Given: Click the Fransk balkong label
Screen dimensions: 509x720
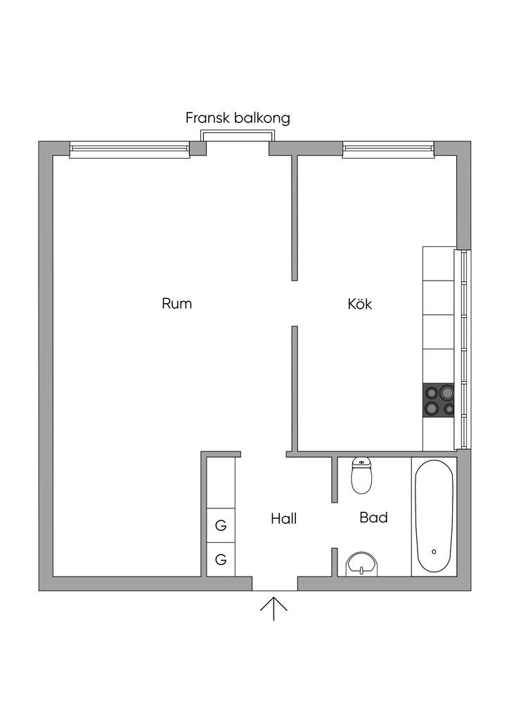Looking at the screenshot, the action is pos(238,118).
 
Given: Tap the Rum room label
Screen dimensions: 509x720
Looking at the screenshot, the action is pos(176,304).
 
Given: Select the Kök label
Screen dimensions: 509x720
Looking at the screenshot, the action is pos(360,304).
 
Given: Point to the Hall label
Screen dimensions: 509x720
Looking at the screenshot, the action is pos(283,519).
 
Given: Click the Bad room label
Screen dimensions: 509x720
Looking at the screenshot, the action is pos(373,517).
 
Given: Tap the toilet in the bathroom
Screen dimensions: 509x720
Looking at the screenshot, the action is pos(361,475).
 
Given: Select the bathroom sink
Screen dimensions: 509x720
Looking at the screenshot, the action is pos(361,564).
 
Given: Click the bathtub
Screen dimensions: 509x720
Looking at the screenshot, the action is pos(434,516).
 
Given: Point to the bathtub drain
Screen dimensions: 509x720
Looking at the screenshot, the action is pos(434,551).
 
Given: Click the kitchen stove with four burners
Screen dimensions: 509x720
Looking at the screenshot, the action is pos(438,400).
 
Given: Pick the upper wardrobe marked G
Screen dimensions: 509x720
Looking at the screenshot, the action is pos(221,525).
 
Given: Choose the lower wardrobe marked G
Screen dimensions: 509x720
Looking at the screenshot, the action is pos(221,559).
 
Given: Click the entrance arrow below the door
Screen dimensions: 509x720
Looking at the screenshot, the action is pos(273,609).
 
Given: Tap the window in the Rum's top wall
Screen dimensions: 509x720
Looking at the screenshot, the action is pos(129,149).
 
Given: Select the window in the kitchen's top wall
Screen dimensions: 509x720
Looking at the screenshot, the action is pos(388,149).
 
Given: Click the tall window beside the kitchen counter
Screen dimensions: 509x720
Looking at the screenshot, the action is pos(462,349).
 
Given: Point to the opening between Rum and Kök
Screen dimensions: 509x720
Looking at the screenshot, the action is pos(295,304).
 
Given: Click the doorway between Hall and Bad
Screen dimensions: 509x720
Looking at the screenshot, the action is pos(335,525).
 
